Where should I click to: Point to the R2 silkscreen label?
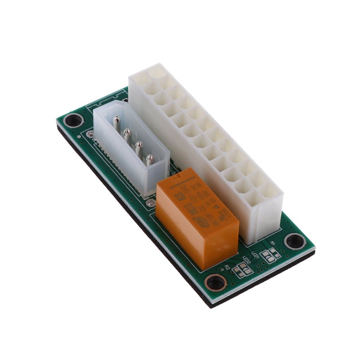[227, 268]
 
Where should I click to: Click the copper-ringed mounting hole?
[216, 282]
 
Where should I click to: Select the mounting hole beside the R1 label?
[295, 241]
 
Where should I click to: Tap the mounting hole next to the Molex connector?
[73, 120]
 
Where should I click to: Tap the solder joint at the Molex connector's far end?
[91, 134]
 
